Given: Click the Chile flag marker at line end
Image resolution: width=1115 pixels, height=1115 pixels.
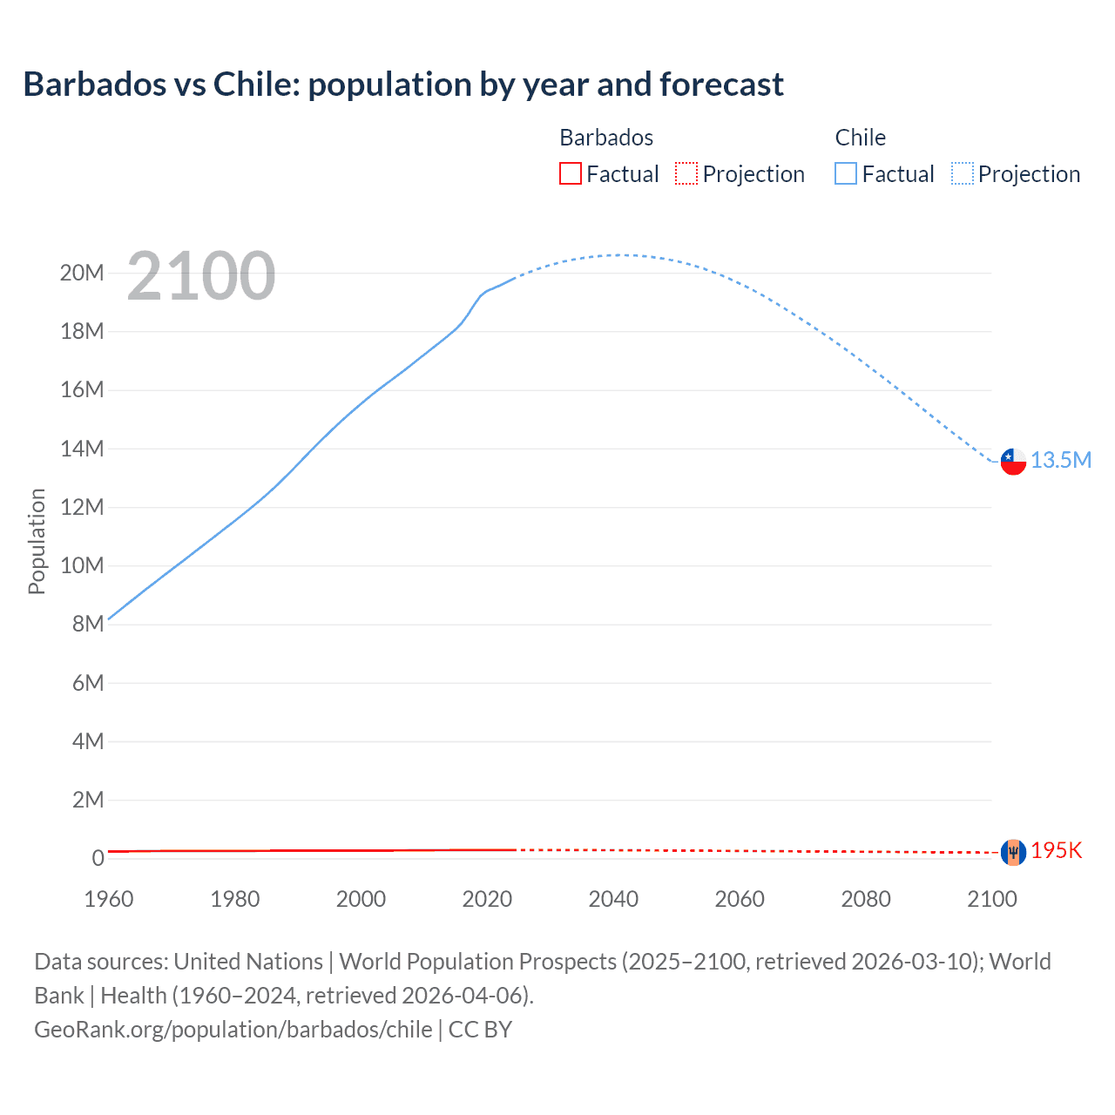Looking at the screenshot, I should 1013,461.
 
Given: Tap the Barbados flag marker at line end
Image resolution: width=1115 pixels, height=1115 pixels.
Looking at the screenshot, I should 1013,852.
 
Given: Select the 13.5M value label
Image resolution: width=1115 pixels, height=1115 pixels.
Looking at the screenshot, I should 1061,460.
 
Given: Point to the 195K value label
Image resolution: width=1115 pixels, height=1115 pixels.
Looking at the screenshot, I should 1056,851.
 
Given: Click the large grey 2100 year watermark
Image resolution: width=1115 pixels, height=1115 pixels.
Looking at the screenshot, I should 201,276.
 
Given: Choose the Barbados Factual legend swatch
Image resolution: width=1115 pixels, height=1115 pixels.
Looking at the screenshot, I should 570,173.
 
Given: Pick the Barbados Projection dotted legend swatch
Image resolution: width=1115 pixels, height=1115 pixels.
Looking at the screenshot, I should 686,173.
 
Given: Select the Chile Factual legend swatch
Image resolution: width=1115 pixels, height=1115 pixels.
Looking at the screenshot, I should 846,173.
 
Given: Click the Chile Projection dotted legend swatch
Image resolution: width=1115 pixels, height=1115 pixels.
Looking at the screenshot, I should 963,173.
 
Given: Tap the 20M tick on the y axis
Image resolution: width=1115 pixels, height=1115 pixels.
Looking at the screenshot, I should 82,274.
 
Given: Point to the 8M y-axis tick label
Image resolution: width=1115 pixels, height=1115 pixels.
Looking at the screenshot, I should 88,624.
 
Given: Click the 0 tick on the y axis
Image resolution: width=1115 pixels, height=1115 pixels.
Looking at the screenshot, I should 98,859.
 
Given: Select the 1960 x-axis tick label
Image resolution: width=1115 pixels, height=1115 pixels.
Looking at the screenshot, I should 109,899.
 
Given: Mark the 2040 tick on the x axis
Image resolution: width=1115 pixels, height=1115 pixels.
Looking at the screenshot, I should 613,899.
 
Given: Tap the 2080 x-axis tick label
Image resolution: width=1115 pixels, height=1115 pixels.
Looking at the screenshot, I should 866,899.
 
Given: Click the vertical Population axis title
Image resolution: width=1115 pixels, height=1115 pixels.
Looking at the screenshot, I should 37,541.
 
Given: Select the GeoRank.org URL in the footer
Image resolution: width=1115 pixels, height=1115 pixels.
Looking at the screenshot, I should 233,1030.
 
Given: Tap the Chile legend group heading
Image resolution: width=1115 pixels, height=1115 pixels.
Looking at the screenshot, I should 860,138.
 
